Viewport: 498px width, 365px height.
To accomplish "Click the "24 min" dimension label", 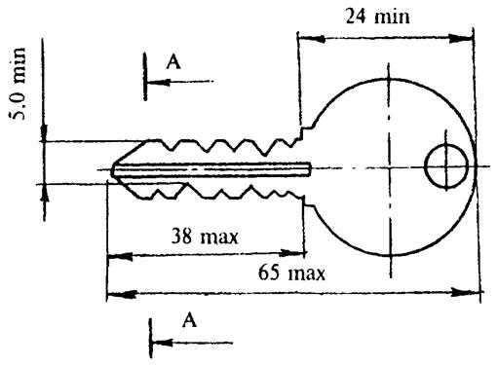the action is point(377,17).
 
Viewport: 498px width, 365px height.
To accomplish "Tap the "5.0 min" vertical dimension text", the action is point(19,84).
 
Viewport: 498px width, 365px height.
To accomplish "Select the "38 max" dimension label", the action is point(205,236).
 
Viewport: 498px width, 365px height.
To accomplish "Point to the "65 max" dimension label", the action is point(291,273).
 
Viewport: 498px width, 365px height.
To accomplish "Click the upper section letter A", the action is point(173,61).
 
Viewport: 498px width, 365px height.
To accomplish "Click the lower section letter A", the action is point(189,320).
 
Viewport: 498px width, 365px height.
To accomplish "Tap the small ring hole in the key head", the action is point(447,166).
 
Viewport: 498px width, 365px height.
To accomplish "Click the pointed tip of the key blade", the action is point(111,170).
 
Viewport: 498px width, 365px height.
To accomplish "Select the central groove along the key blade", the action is point(211,170).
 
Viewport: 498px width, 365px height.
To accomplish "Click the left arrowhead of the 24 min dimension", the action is point(311,39).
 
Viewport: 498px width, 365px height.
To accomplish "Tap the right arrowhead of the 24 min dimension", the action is point(460,38).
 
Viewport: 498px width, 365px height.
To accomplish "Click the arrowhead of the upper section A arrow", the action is point(159,82).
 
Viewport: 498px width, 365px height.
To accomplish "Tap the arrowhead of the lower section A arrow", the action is point(162,343).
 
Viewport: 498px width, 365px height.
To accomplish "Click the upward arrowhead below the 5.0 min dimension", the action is point(45,195).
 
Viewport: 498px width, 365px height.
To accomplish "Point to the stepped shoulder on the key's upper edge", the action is point(301,134).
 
